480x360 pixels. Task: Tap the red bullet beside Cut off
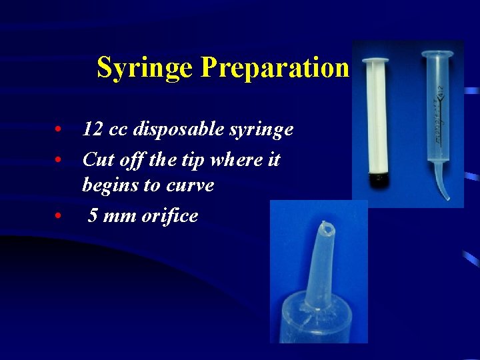point(59,161)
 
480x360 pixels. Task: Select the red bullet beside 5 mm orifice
point(59,217)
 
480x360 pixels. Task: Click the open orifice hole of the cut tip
point(327,228)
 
